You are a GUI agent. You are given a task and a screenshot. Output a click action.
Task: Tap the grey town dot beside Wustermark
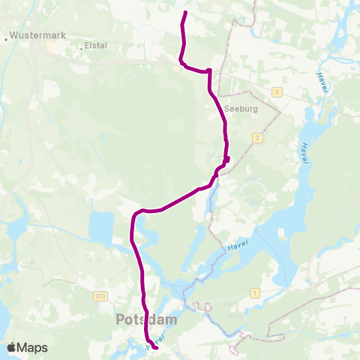point(6,35)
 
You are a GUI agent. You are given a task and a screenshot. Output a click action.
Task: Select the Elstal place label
point(96,45)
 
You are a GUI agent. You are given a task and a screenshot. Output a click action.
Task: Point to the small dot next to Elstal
point(81,46)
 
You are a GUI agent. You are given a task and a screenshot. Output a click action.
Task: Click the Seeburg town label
point(241,109)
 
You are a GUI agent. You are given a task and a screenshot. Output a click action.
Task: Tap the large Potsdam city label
point(146,319)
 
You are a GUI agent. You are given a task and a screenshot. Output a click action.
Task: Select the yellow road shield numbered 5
point(277,91)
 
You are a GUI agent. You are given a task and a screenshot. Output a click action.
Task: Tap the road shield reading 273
point(101,296)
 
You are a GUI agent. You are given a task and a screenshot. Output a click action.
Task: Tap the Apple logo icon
point(12,347)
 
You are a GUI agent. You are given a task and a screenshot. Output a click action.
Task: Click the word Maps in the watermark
point(33,347)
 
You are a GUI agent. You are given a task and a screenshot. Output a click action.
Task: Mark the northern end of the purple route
point(185,13)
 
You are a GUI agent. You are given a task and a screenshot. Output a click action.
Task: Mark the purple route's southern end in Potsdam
point(155,346)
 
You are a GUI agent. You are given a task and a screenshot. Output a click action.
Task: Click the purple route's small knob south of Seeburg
point(226,158)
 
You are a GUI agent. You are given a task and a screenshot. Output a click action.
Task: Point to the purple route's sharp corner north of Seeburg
point(209,71)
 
